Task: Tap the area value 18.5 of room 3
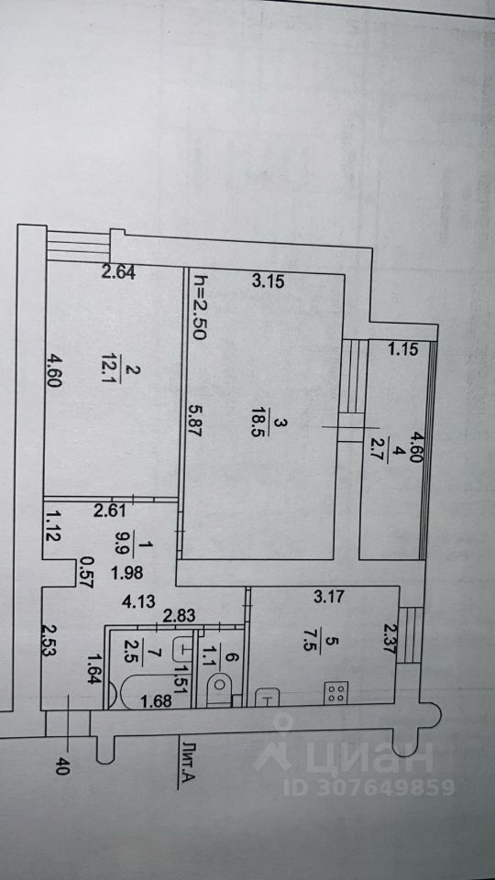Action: (x=258, y=423)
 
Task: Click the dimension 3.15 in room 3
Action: (x=268, y=281)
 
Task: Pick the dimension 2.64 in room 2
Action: (x=118, y=273)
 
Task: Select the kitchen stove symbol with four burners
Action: (x=336, y=693)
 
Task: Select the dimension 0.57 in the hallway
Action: (x=88, y=572)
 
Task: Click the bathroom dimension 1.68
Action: (x=158, y=701)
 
